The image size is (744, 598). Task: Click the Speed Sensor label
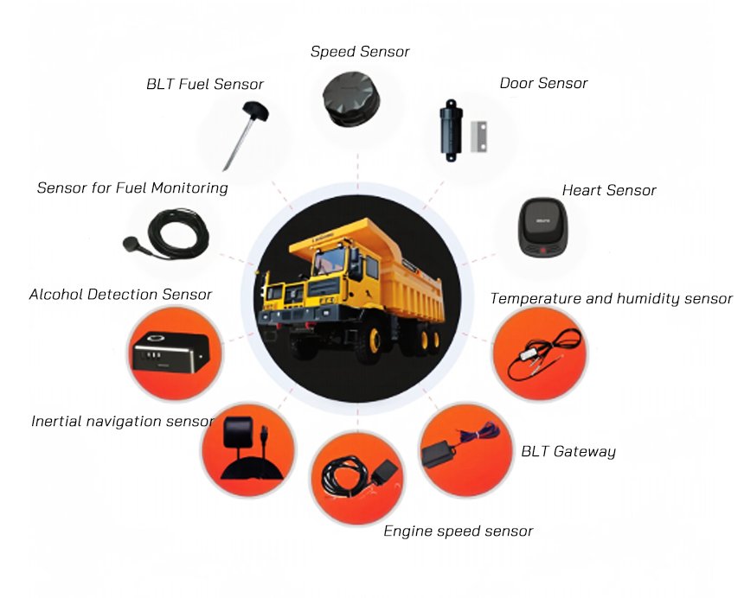[x=360, y=52]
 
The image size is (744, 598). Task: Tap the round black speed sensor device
[x=351, y=99]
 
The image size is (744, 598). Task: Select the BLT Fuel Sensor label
[x=204, y=85]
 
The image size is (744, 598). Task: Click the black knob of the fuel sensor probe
[x=255, y=111]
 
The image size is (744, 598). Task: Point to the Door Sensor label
[x=543, y=84]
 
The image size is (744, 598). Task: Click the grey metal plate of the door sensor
[x=478, y=137]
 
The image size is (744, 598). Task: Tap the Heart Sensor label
[x=609, y=190]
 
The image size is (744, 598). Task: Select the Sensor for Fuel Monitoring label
[x=132, y=188]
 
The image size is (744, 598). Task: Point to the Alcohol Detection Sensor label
[x=120, y=295]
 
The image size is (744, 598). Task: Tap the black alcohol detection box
[x=170, y=353]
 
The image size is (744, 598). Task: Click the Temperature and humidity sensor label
[x=611, y=298]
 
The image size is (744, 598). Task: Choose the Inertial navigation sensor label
[x=122, y=421]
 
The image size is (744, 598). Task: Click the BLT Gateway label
[x=568, y=452]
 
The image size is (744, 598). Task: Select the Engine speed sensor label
[x=458, y=531]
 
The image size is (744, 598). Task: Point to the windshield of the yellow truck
[x=329, y=261]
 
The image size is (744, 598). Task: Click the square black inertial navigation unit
[x=238, y=432]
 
